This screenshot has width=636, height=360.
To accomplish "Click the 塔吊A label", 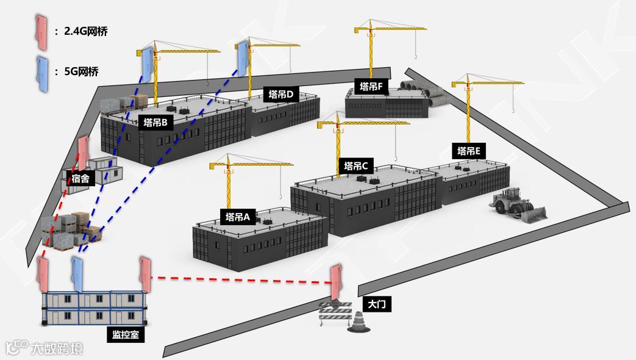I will (x=238, y=217).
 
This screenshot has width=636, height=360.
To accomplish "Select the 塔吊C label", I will (x=357, y=166).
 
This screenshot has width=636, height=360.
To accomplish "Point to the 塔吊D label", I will (x=281, y=95).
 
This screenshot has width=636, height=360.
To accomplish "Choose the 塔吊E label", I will (x=468, y=151).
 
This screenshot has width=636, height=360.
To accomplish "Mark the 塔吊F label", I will (x=371, y=87).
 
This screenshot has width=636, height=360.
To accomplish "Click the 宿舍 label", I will (x=80, y=179).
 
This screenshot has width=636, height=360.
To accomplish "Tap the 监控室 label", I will (x=124, y=334).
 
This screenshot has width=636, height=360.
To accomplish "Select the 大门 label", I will (x=374, y=303).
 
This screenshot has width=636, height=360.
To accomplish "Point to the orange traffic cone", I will (x=358, y=323).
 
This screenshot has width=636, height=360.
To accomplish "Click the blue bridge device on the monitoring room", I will (x=77, y=274).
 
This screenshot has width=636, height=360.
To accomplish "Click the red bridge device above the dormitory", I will (x=82, y=154).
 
